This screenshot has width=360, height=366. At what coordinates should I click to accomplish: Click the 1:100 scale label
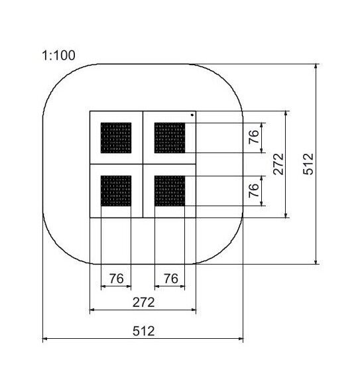(x=58, y=56)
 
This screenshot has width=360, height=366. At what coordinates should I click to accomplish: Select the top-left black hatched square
(x=116, y=138)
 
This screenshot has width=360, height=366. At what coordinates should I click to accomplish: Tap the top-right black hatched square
(x=170, y=138)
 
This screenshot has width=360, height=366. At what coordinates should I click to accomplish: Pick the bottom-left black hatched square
(x=116, y=191)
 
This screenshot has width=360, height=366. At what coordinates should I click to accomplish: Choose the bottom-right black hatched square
(x=170, y=191)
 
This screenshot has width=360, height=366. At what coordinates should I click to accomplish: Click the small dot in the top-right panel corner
(x=192, y=115)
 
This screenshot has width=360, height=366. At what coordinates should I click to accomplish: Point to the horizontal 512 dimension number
(x=144, y=331)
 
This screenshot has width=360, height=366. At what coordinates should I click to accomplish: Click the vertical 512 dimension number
(x=308, y=164)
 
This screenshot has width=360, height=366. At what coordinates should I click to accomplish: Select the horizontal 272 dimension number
(x=144, y=302)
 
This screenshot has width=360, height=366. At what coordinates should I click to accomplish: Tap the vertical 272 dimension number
(x=278, y=164)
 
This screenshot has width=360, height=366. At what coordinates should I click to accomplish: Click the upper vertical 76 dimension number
(x=254, y=137)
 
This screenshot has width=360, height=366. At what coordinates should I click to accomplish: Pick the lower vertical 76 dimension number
(x=254, y=190)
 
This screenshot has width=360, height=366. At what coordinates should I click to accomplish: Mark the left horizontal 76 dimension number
(x=116, y=278)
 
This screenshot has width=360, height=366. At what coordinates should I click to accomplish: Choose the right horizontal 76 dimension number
(x=170, y=278)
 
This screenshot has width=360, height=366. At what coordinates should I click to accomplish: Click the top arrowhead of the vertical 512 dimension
(x=316, y=66)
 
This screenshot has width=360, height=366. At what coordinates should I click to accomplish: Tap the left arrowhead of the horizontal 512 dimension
(x=45, y=338)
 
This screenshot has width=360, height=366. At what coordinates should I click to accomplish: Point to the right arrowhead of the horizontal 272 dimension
(x=194, y=310)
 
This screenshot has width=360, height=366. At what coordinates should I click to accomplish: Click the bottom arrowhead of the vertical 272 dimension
(x=286, y=215)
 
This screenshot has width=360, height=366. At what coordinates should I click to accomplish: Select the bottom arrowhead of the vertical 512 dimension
(x=316, y=261)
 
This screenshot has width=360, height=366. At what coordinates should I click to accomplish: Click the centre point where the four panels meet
(x=143, y=164)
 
